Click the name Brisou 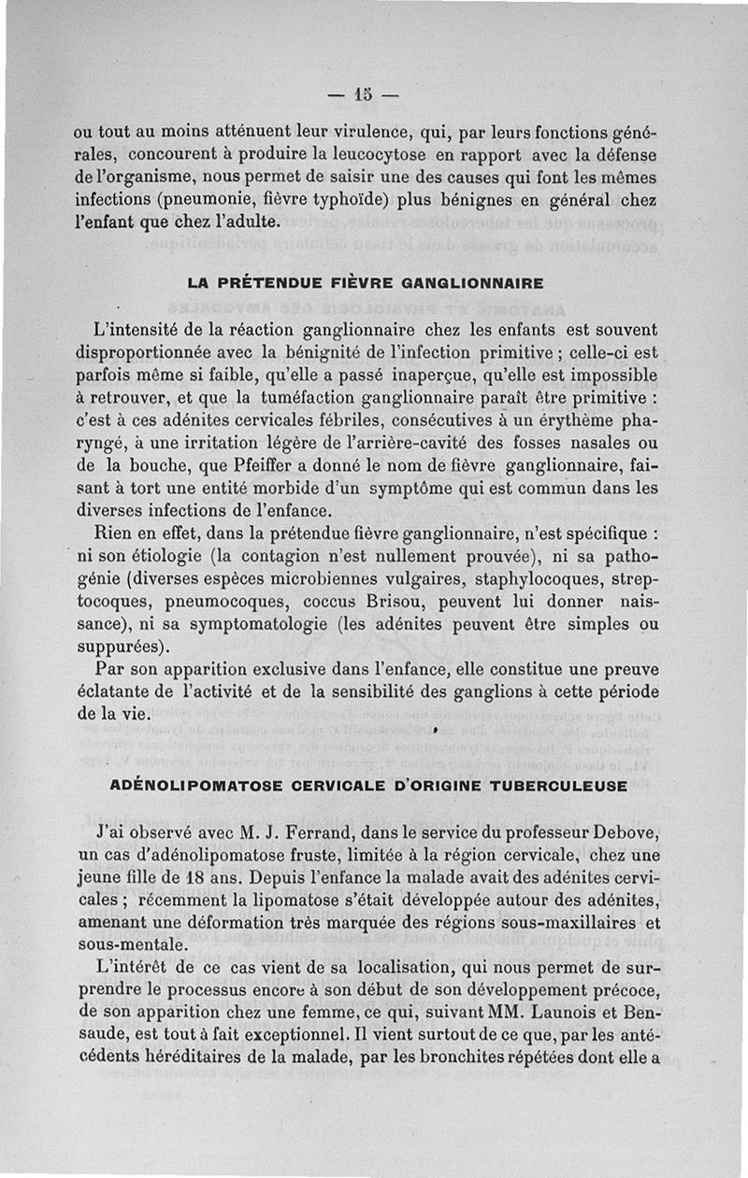pos(409,603)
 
